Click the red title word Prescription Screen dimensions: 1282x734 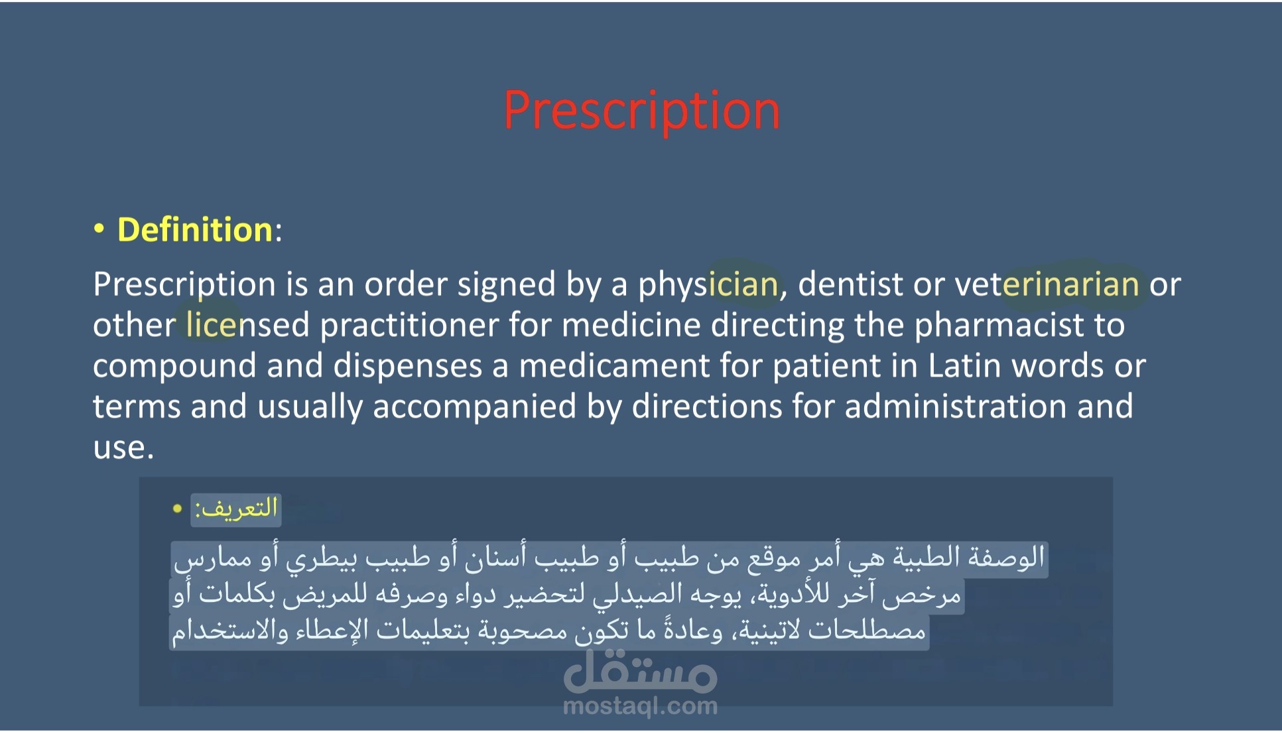point(641,111)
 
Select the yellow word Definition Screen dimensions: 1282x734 point(195,230)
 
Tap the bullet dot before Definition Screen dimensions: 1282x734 point(99,229)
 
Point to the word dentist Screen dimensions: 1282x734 point(850,284)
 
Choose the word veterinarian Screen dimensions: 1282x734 point(1047,284)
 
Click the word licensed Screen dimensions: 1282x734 point(247,326)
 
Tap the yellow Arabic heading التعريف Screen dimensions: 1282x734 point(236,509)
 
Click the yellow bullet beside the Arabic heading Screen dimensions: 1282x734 point(177,509)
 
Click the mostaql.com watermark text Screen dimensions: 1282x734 point(640,707)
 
